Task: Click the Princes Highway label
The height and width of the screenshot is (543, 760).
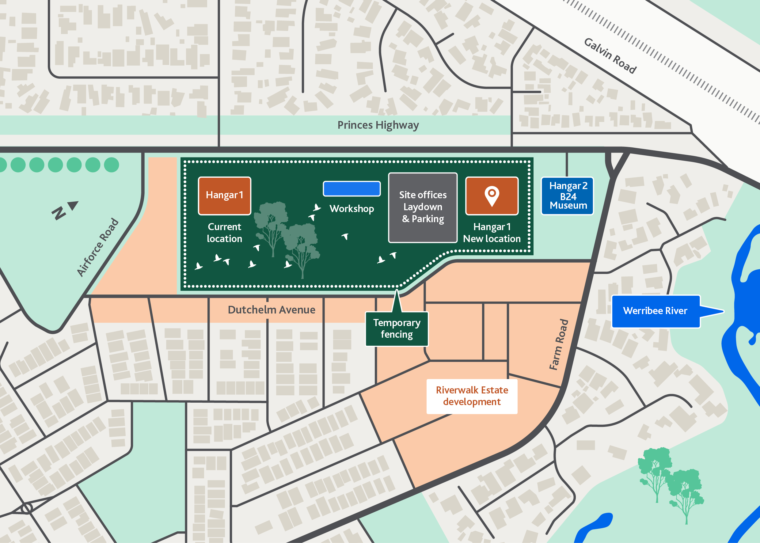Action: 378,125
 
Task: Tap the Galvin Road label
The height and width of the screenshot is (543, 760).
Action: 610,55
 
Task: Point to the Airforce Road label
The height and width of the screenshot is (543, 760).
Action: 97,247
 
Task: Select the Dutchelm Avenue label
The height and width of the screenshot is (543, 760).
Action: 271,309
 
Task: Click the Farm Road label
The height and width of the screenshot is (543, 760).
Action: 559,344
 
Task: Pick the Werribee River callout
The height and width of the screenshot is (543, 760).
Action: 655,311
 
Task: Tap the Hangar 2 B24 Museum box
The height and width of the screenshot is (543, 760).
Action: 568,196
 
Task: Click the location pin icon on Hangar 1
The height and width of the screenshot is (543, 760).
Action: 492,196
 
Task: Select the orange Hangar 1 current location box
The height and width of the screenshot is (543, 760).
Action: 224,196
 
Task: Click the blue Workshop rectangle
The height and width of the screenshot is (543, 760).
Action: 351,188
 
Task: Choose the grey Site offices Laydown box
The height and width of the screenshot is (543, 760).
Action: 423,207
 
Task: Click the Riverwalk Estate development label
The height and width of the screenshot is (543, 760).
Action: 471,396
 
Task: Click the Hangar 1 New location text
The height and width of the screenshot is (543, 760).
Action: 492,233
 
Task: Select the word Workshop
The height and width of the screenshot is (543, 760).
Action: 351,209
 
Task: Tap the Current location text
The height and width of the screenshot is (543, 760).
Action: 224,233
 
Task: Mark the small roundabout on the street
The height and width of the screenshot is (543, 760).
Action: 26,509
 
